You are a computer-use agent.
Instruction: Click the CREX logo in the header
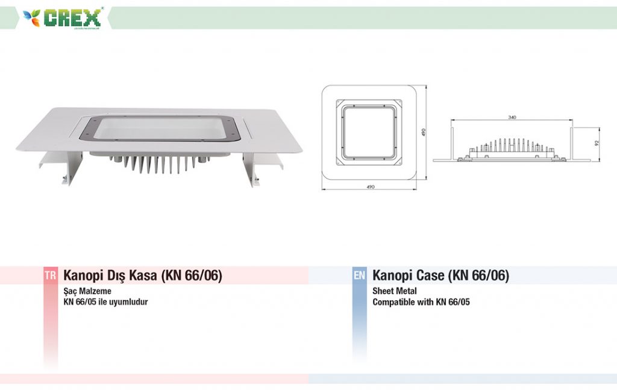pos(62,17)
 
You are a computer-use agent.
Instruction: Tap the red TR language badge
pos(51,275)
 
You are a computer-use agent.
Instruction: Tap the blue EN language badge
pos(359,275)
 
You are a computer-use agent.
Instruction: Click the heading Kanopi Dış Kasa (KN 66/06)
pos(142,275)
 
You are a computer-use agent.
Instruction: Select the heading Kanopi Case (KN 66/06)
pos(440,275)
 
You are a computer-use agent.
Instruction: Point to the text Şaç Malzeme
pos(87,291)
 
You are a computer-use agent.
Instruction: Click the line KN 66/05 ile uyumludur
pos(105,302)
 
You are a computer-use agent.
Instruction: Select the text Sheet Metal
pos(394,291)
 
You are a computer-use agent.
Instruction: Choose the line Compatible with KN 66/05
pos(421,302)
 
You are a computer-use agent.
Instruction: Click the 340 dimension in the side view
pos(512,118)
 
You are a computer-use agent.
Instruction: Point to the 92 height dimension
pos(597,143)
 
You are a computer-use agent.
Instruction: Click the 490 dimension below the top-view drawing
pos(371,187)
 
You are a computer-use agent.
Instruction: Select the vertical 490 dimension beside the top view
pos(424,132)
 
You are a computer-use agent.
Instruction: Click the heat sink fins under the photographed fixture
pos(157,164)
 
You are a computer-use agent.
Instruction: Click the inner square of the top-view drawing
pos(369,132)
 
